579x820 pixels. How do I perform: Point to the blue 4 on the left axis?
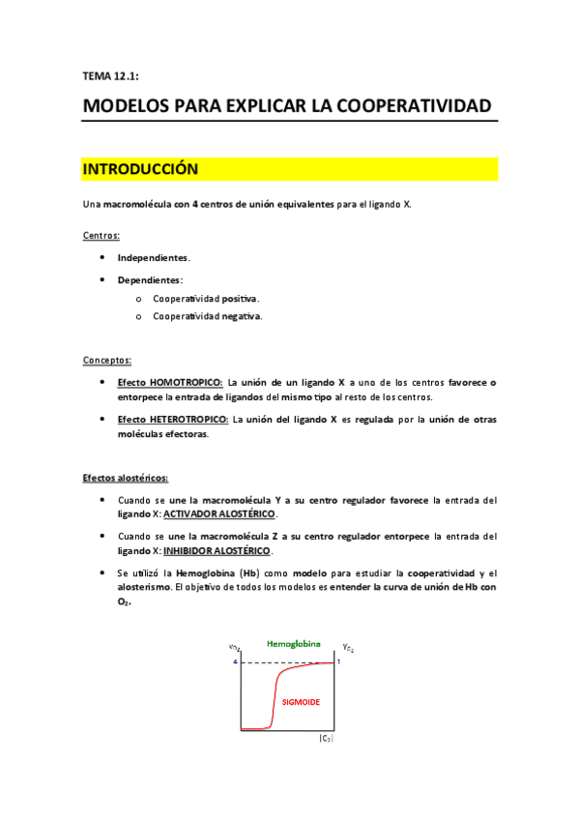click(234, 662)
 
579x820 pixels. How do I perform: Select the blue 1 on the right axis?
click(339, 661)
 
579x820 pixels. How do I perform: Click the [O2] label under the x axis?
click(326, 739)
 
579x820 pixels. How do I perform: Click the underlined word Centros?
click(101, 235)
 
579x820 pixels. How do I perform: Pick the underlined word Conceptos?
click(107, 360)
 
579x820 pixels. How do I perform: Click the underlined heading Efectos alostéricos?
click(125, 478)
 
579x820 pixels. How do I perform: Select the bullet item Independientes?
click(154, 258)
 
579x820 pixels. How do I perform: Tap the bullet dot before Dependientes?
click(102, 279)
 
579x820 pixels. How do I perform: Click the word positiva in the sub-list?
click(241, 299)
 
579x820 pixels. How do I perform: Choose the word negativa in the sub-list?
click(242, 316)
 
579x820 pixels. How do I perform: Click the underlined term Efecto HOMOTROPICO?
click(170, 383)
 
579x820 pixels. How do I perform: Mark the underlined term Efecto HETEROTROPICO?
click(174, 420)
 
